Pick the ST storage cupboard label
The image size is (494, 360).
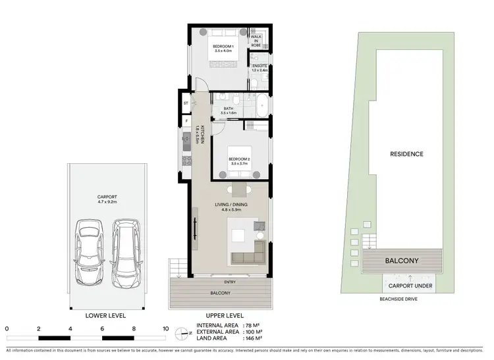(x=186, y=103)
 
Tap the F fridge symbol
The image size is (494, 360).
(x=186, y=121)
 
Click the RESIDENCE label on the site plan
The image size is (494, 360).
(x=406, y=154)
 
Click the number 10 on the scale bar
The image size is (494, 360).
(x=165, y=328)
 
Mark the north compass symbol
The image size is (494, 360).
(x=182, y=332)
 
